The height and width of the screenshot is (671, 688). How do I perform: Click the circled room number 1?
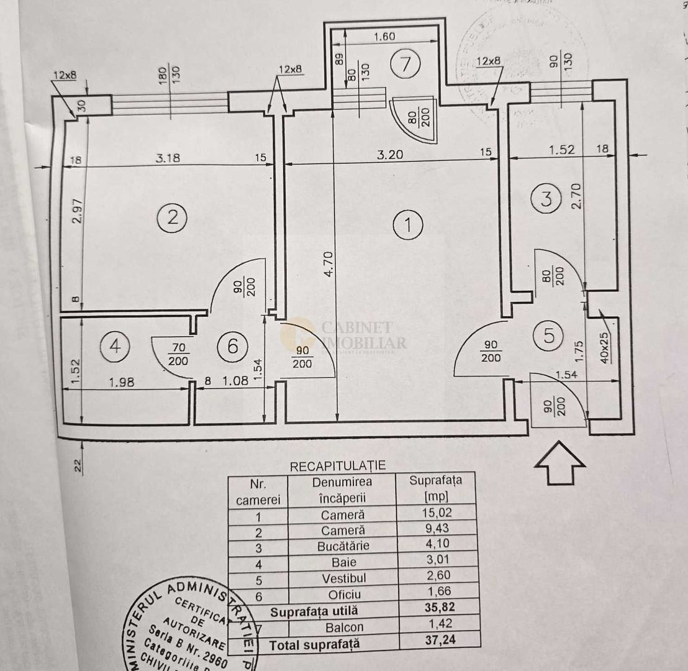click(408, 226)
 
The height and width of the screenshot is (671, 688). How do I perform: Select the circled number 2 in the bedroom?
click(172, 217)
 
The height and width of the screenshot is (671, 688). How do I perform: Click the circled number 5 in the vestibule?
click(549, 335)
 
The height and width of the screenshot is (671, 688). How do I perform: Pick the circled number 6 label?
click(232, 346)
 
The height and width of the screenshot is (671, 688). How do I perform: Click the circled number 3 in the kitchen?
click(546, 199)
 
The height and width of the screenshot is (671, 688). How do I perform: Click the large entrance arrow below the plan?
click(560, 462)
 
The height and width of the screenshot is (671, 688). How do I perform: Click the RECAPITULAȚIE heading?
click(338, 465)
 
